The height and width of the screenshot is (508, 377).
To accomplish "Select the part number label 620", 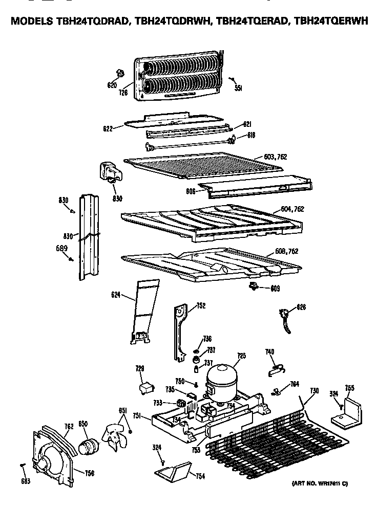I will tap(112, 85).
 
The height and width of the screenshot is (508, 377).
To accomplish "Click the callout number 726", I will tap(123, 93).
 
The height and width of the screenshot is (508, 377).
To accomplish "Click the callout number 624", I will tap(116, 294).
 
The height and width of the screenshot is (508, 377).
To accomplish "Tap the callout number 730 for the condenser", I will tap(314, 391).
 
